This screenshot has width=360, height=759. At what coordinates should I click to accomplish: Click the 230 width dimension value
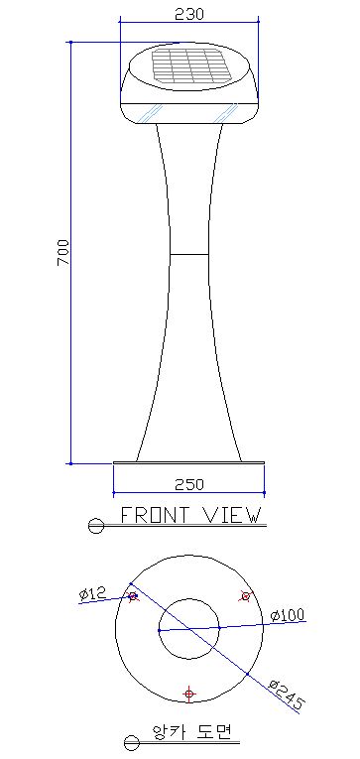189,14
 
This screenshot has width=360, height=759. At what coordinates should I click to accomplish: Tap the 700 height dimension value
63,252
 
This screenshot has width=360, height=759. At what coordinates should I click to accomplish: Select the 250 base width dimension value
189,484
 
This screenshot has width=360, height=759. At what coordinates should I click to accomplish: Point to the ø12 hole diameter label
92,592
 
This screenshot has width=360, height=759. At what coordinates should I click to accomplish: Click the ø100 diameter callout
288,615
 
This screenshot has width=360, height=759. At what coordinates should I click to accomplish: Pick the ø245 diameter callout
288,696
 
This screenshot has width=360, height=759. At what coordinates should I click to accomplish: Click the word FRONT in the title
154,515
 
